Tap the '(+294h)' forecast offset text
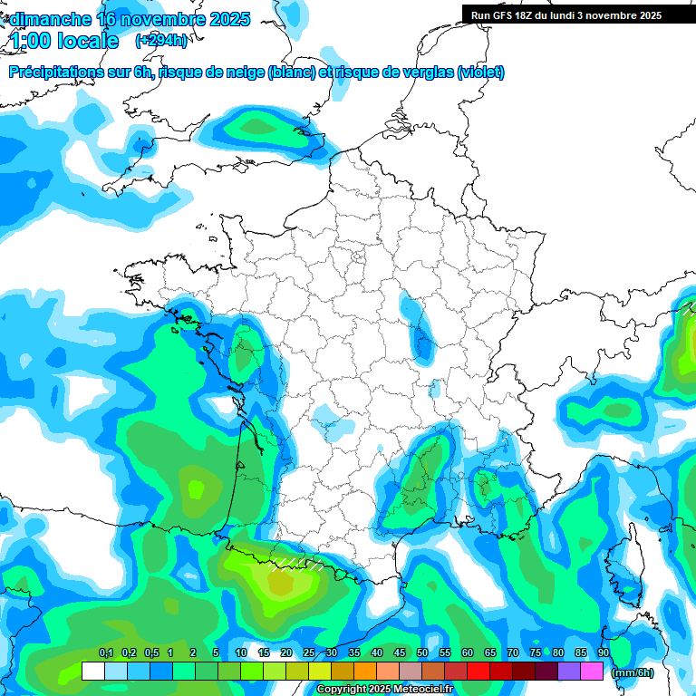point(161,41)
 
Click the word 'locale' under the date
point(88,41)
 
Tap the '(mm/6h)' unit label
point(633,672)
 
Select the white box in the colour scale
point(93,672)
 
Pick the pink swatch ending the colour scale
point(592,672)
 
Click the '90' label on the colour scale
point(603,653)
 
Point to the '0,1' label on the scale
point(105,653)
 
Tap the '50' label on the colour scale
point(422,653)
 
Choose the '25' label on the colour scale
point(309,653)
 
